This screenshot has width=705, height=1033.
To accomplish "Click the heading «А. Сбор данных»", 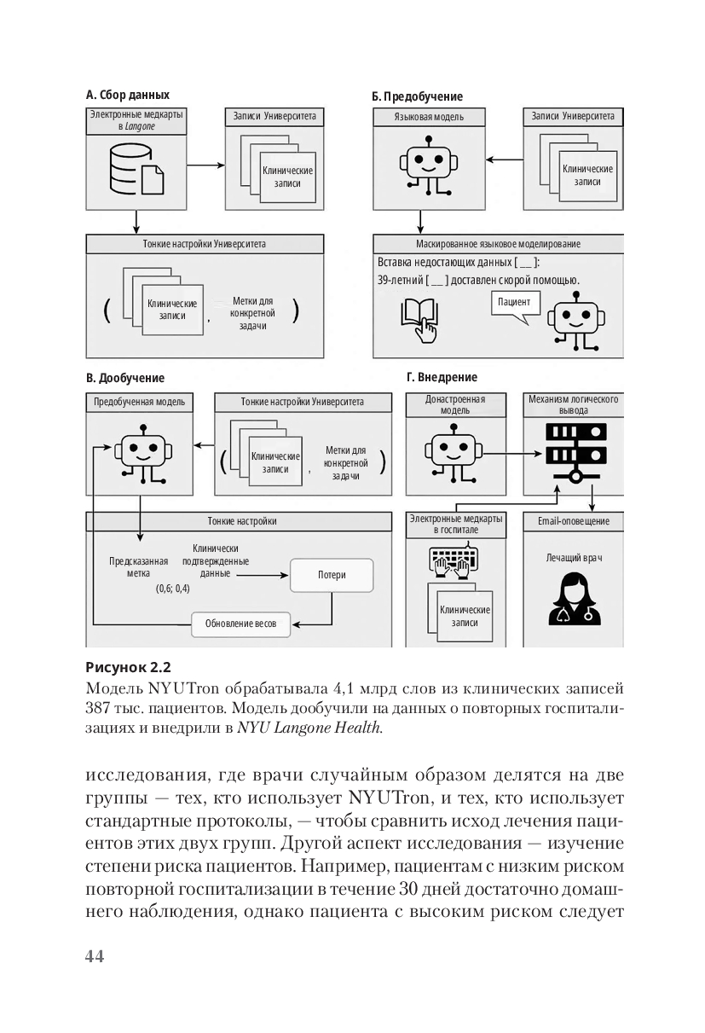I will tap(128, 95).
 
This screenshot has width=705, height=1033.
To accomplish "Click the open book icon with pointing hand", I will tap(419, 318).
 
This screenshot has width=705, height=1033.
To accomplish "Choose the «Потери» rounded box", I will tap(332, 575).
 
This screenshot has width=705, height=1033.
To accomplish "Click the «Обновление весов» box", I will tap(240, 623).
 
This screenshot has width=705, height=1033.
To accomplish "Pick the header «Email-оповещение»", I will tap(573, 521).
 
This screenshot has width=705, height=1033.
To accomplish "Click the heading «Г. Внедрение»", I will tap(442, 377).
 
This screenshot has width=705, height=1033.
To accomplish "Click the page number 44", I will tap(95, 956).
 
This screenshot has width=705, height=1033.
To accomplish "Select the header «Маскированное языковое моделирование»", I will tap(498, 244).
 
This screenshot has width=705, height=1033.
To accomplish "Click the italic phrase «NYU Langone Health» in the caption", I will tap(309, 728).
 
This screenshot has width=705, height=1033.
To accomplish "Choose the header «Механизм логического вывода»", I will tap(573, 404).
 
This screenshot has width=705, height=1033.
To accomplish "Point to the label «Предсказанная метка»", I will tap(138, 567).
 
